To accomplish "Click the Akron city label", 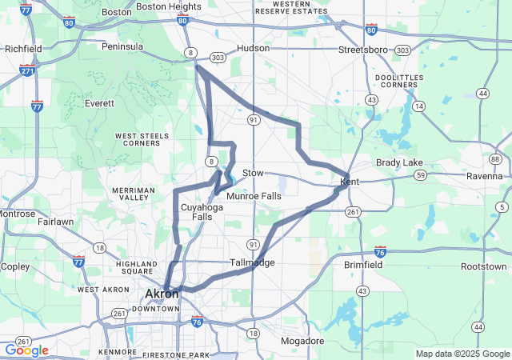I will coord(162,294).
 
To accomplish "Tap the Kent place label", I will coord(350,182).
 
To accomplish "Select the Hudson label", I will coord(254,48).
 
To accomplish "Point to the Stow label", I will coord(253,173).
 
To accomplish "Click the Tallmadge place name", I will coord(252,262).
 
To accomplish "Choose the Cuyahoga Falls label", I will coord(196,211).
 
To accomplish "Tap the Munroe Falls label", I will coord(254,196).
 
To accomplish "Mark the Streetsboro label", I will coord(362,49).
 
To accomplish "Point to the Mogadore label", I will coord(303,341).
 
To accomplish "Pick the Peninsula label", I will coord(122,46).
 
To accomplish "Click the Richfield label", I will coord(23,49).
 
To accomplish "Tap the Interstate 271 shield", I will coord(27,70).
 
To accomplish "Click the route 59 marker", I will coord(420,174).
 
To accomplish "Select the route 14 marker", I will coord(418,106).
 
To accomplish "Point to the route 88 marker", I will coord(496,159).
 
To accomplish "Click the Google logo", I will coord(26,350).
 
